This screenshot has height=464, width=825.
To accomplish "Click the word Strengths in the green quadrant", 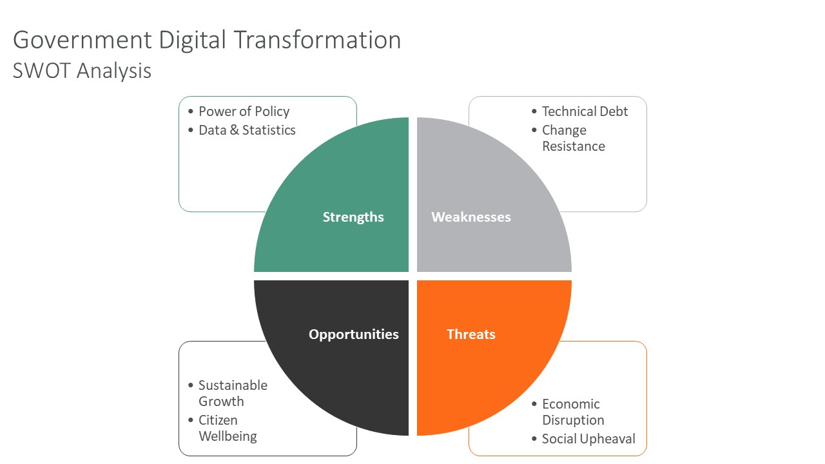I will point(353,217).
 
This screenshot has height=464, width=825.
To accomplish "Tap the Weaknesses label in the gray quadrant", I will point(471,217).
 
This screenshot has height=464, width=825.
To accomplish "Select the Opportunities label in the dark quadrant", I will point(353,334).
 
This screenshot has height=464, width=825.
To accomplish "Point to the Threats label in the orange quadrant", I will point(471,334).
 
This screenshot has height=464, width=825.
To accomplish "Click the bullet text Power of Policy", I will point(244,111).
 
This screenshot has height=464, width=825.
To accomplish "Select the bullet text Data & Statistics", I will point(247,130).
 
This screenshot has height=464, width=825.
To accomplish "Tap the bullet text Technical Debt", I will point(585,111).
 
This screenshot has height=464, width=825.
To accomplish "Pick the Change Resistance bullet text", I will point(573,138).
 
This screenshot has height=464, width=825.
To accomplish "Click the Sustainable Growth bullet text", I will point(232,393).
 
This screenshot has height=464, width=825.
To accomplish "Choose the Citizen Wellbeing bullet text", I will point(228,428).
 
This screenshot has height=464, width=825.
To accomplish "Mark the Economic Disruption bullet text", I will point(572,412).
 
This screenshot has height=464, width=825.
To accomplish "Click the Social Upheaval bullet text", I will point(588,439).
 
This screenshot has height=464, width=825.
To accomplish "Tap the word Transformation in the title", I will point(317,40).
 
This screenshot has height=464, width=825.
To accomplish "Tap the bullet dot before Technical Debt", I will point(534,112).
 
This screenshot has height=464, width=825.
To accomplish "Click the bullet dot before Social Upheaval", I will point(534,440).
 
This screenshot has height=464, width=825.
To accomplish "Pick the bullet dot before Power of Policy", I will point(191,112).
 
